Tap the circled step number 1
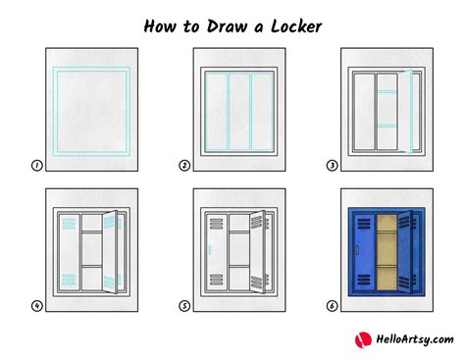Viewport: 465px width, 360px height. tap(36, 166)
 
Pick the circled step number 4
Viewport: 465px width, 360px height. tap(36, 305)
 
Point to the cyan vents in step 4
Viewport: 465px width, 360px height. tap(67, 227)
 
